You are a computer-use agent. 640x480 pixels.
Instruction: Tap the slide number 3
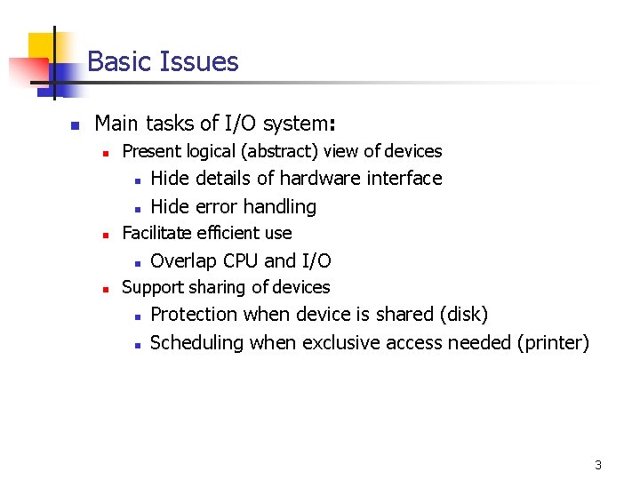(598, 465)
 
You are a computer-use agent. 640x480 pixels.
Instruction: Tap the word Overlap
(184, 260)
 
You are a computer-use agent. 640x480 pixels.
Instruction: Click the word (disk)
(464, 314)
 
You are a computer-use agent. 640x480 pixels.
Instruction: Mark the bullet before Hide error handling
(138, 208)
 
